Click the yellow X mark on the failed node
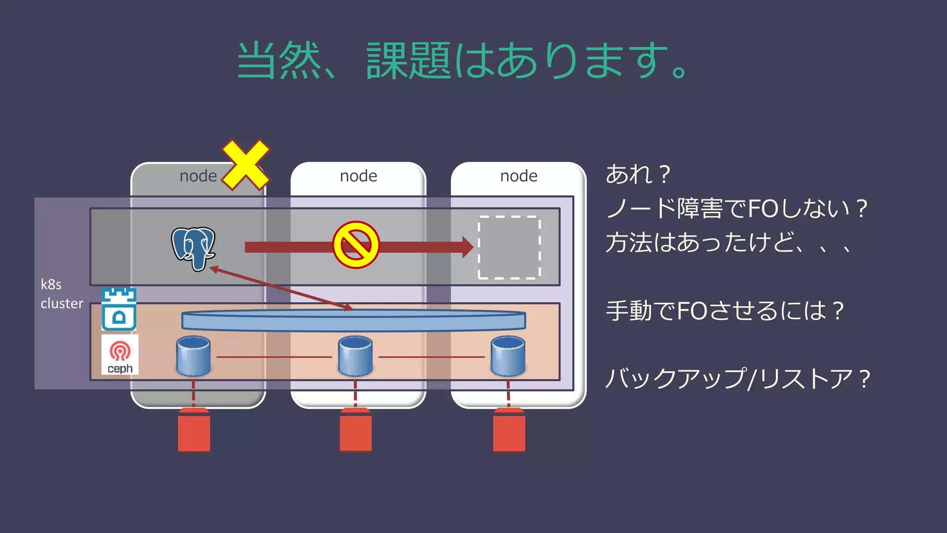pos(246,165)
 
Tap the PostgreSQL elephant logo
pos(193,248)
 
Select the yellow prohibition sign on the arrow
pos(356,245)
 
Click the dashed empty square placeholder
pos(509,247)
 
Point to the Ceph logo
pos(120,354)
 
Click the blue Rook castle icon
pos(119,309)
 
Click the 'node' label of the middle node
pos(358,176)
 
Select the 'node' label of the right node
pos(519,176)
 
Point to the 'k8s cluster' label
pos(61,294)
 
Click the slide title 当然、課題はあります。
pos(462,60)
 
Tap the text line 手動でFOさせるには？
pos(725,310)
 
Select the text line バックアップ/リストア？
pos(738,378)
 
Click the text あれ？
pos(638,174)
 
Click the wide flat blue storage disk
pos(354,320)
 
